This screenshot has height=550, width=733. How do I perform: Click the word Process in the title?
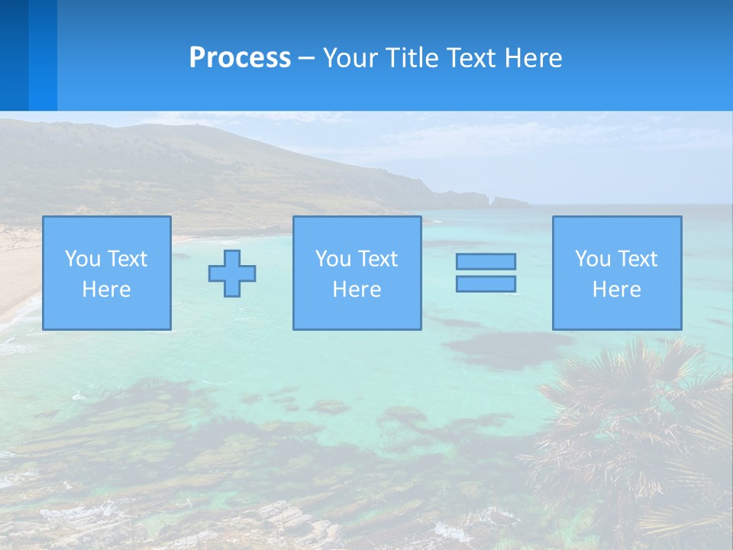coord(240,58)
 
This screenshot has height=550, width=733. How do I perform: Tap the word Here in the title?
coord(532,58)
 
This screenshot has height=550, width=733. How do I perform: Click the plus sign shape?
coord(232,273)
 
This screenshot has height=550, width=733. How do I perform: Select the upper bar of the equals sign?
coord(486,261)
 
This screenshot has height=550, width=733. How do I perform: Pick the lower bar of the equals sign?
coord(486,283)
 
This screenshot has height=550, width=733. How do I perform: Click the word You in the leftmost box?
coord(82,259)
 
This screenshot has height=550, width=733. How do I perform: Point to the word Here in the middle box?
coord(357,290)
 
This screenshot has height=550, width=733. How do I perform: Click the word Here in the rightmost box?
coord(617,290)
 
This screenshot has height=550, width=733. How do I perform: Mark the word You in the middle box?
coord(332,259)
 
